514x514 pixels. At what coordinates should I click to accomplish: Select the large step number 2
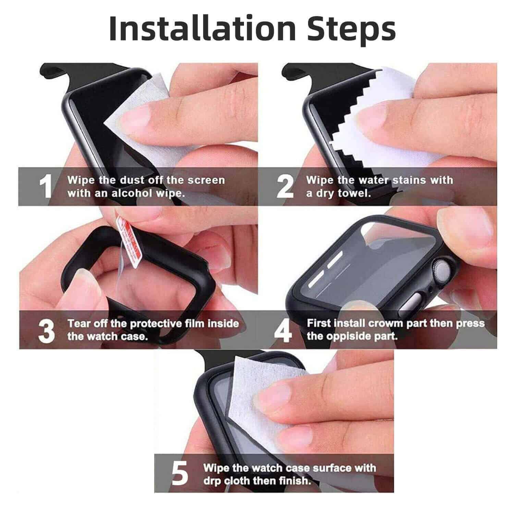click(x=285, y=186)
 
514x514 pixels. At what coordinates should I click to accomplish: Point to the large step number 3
click(x=46, y=331)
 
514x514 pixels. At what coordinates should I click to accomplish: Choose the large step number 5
click(x=180, y=474)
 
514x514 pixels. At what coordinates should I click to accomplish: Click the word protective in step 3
click(x=156, y=323)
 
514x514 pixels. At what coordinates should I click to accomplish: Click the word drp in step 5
click(x=212, y=481)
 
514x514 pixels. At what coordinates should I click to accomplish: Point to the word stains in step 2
click(x=408, y=180)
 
